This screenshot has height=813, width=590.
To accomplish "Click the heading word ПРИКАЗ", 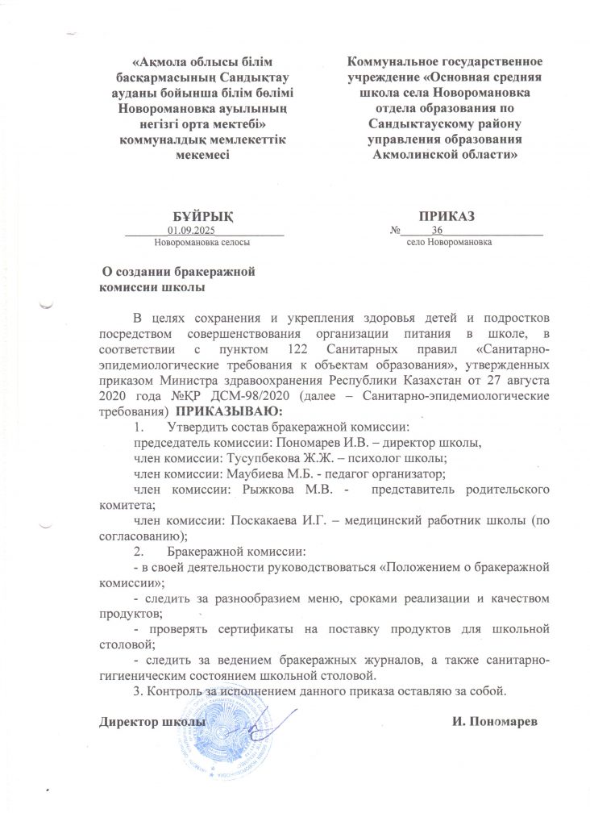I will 447,217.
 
